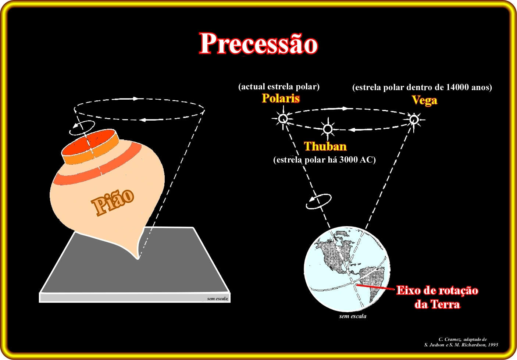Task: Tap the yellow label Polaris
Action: tap(281, 99)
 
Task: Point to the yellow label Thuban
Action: tap(325, 146)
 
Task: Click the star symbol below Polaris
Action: tap(283, 119)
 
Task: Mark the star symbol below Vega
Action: tap(414, 120)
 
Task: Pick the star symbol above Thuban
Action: tap(328, 129)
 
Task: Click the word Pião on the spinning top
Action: tap(113, 202)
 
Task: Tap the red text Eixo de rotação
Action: tap(437, 290)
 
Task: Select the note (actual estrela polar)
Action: tap(279, 87)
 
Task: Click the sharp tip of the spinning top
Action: tap(138, 259)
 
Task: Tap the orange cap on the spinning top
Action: tap(90, 147)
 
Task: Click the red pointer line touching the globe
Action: tap(376, 287)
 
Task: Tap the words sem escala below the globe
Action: tap(353, 316)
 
